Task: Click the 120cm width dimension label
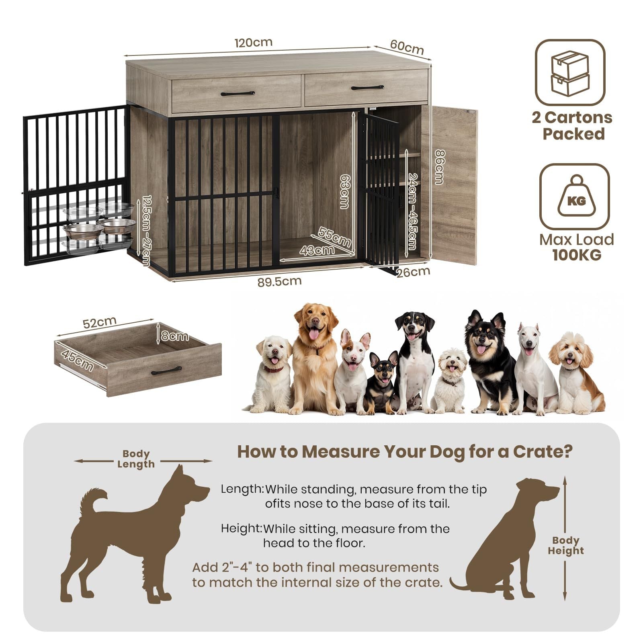pyautogui.click(x=254, y=42)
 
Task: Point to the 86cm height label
pyautogui.click(x=440, y=166)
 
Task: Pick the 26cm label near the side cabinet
pyautogui.click(x=413, y=272)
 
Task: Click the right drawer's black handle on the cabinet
pyautogui.click(x=367, y=87)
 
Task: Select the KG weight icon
pyautogui.click(x=574, y=197)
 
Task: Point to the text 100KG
pyautogui.click(x=577, y=255)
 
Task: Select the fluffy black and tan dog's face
pyautogui.click(x=486, y=338)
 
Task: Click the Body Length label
pyautogui.click(x=136, y=459)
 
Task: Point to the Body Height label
pyautogui.click(x=566, y=545)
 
